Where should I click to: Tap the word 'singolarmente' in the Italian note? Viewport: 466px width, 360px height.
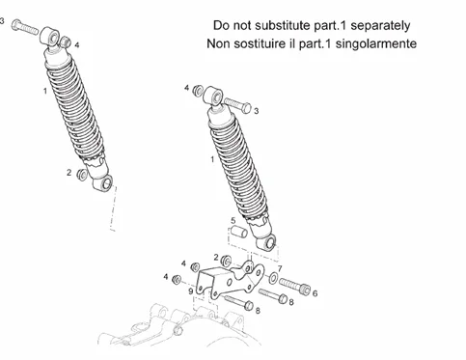click(376, 43)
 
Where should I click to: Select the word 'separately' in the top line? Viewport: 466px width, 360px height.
click(380, 26)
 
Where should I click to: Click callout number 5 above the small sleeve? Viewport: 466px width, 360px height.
click(233, 221)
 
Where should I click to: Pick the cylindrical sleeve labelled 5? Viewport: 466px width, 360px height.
click(238, 233)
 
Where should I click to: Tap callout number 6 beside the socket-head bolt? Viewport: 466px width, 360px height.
click(315, 293)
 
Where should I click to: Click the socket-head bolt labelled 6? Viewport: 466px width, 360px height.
click(294, 286)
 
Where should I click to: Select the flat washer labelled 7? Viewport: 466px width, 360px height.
click(274, 278)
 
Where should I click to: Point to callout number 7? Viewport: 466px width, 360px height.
click(280, 268)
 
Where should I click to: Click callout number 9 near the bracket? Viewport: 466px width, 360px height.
click(191, 291)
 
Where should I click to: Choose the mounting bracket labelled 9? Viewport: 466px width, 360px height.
click(230, 279)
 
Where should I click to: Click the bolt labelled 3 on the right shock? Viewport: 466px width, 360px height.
click(237, 105)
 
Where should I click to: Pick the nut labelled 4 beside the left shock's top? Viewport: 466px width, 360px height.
click(66, 42)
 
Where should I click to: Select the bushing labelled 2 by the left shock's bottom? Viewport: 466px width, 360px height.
click(82, 175)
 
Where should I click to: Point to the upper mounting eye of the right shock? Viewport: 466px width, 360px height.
click(214, 96)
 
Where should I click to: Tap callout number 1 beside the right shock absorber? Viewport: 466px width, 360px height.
click(212, 159)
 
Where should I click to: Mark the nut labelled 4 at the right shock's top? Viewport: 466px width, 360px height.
click(198, 91)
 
